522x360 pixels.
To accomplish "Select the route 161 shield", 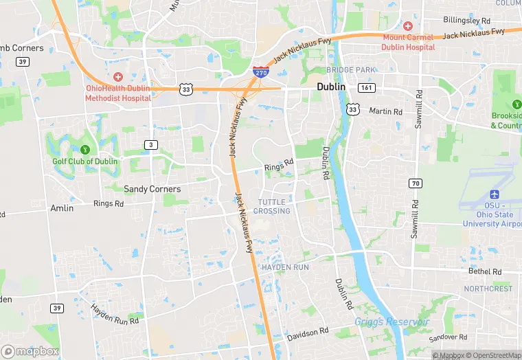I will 366,88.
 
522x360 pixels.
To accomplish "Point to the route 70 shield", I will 415,183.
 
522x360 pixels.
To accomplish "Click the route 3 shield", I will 150,144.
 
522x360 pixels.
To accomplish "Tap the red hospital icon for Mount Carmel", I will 407,25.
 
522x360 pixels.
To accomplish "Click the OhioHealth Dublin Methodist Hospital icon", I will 118,76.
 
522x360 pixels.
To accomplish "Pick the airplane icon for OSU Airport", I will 493,194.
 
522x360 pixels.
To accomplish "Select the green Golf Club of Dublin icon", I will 85,149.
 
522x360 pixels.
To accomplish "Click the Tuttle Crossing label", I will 274,206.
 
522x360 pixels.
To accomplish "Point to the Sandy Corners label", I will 152,189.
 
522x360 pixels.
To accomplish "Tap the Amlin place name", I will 62,207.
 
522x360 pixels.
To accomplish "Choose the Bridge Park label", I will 351,70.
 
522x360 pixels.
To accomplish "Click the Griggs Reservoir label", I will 391,322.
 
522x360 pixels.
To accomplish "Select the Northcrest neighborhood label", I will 488,289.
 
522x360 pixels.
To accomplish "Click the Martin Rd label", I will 385,111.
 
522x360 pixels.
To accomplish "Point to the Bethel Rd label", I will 489,271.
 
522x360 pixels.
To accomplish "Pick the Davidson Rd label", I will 308,333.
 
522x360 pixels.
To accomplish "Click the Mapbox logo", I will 30,351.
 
